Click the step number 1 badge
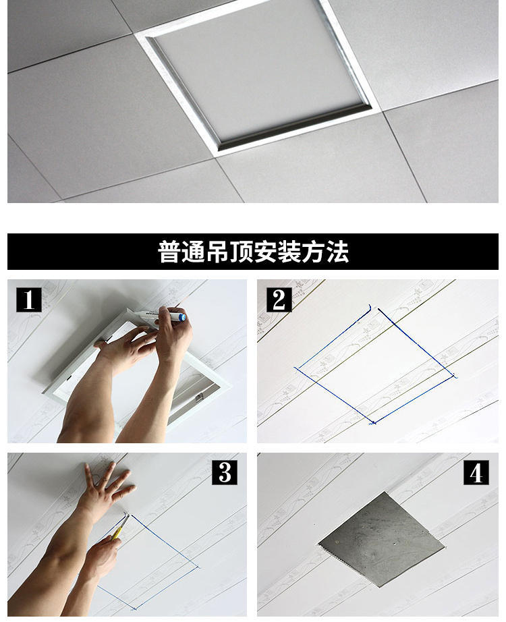28,300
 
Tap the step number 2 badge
279,300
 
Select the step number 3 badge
224,472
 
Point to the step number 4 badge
476,472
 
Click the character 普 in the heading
169,252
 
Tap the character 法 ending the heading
338,252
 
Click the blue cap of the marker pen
181,316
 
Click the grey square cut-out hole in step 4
381,539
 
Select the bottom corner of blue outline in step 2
372,423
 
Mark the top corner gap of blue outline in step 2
373,309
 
